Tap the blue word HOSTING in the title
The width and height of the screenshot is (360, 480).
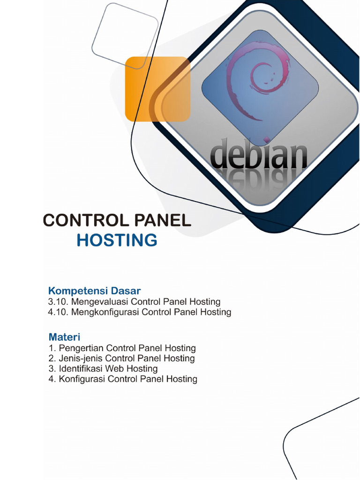click(x=117, y=240)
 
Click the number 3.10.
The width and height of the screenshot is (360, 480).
click(x=58, y=302)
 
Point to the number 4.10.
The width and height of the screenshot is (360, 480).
click(x=58, y=312)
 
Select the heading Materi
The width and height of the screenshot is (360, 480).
click(x=64, y=337)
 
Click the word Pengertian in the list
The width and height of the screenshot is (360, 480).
click(x=82, y=348)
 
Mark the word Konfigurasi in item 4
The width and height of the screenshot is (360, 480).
click(x=82, y=379)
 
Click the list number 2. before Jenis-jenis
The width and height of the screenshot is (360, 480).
click(x=52, y=358)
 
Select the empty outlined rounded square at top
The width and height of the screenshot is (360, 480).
click(x=125, y=36)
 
